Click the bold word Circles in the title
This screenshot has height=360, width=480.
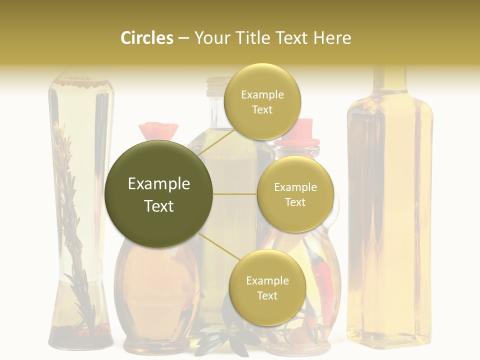tap(147, 38)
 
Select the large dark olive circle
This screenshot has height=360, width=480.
tap(158, 194)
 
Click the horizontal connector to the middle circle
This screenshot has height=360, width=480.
tap(235, 194)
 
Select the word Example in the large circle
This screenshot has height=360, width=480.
tap(158, 184)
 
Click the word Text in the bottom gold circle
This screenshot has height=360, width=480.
tap(267, 295)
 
